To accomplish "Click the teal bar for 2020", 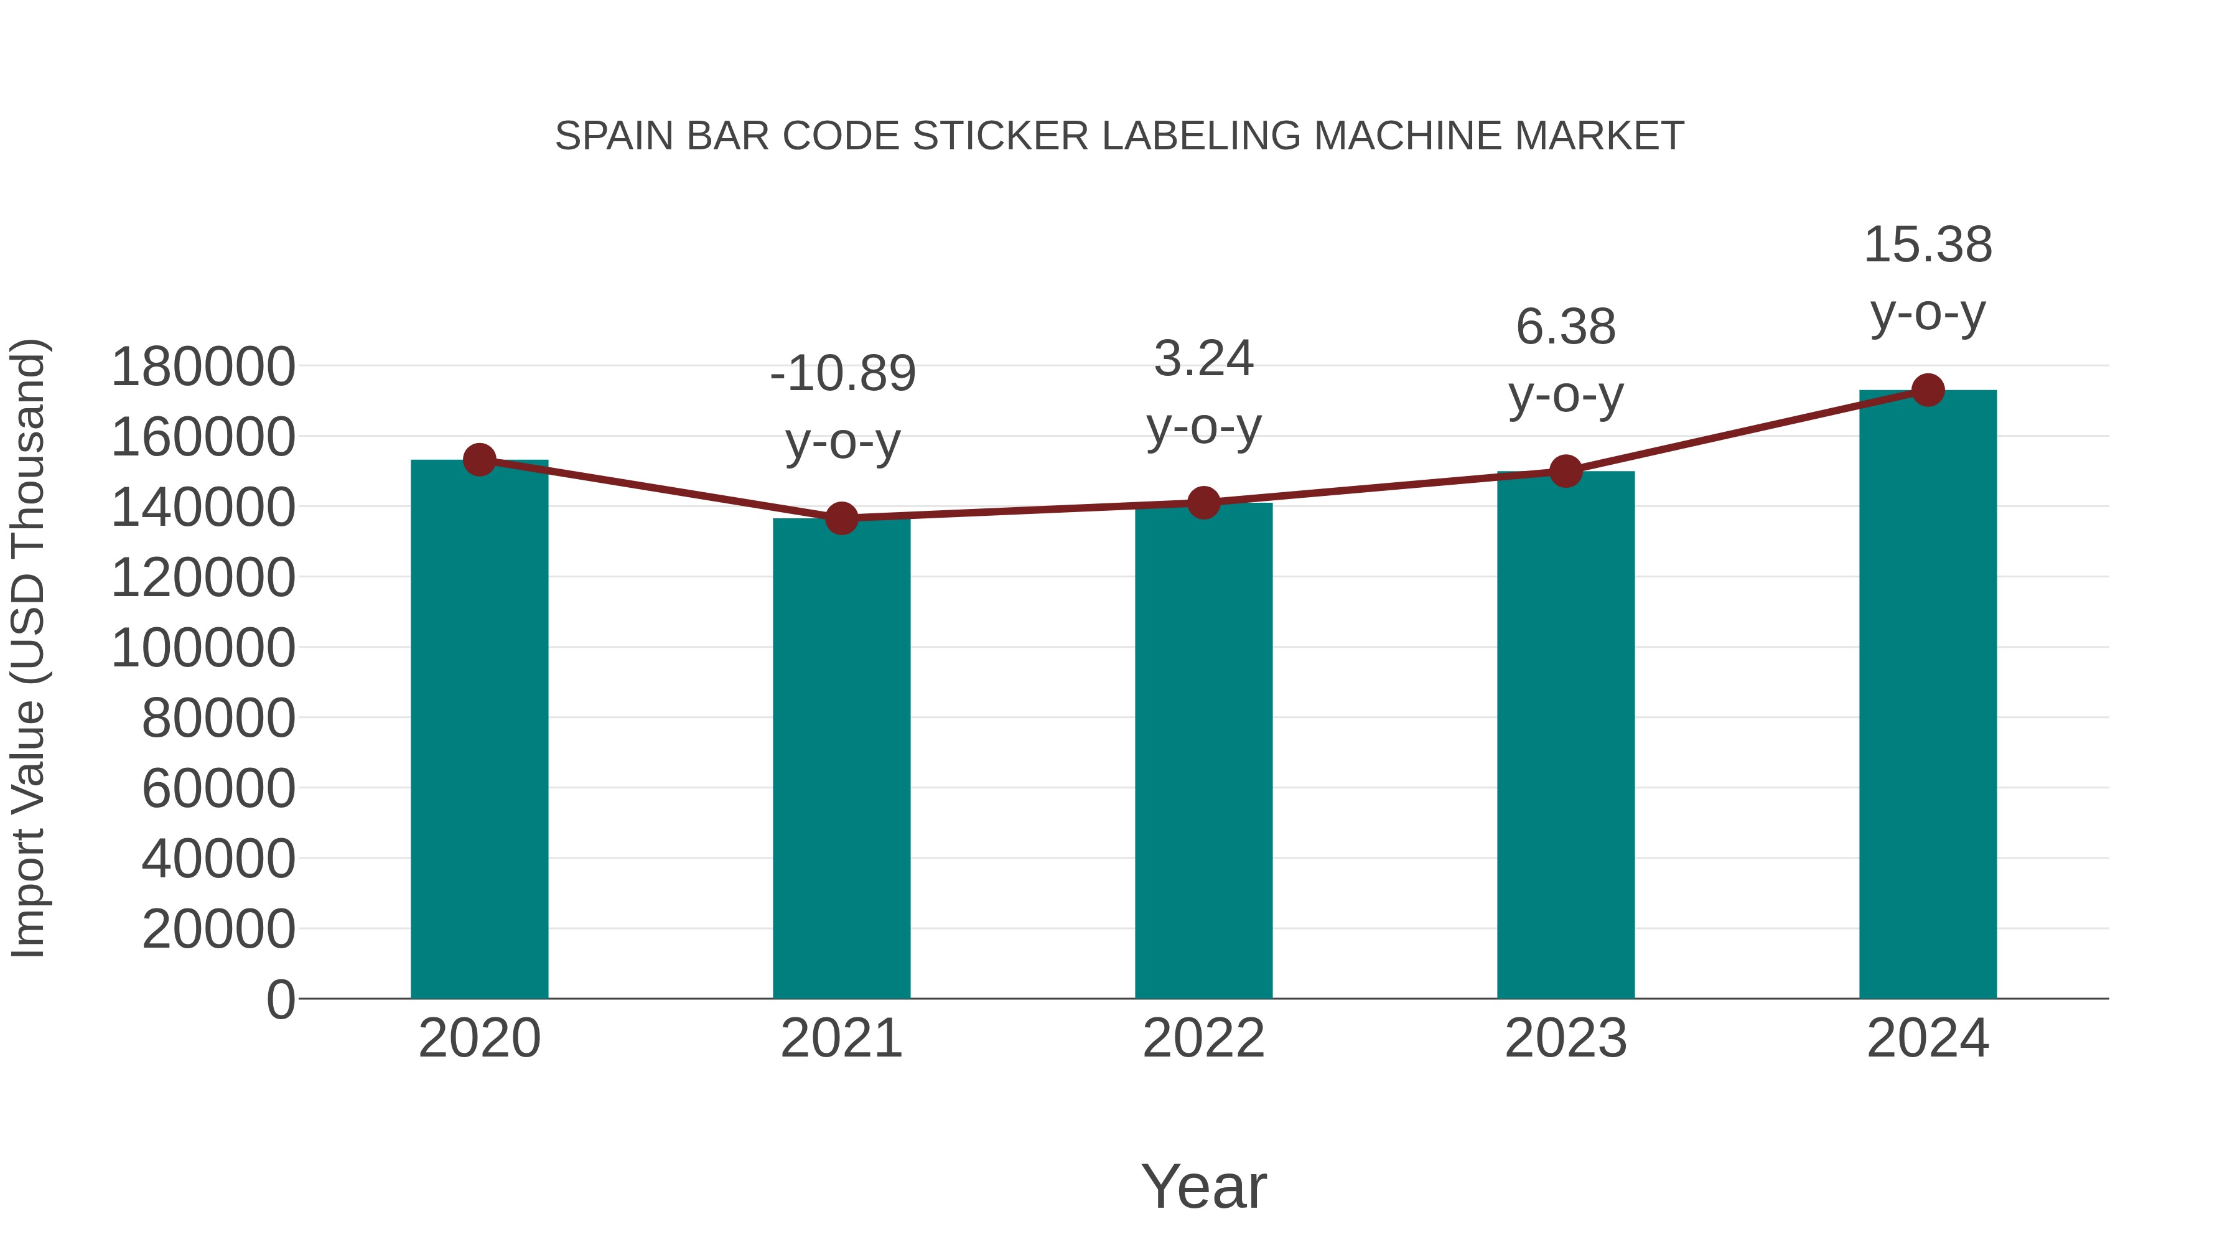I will (479, 730).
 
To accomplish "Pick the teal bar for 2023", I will (1566, 735).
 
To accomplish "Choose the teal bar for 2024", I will (1928, 695).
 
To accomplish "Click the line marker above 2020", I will (479, 459).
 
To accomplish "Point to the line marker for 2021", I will (841, 518).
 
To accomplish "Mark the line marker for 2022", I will (1203, 503).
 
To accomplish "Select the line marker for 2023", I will (1566, 471).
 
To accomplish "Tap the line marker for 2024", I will (1928, 390).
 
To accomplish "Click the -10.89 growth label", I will (842, 374).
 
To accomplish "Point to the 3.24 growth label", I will (1203, 358).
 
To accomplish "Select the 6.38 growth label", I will (1566, 328).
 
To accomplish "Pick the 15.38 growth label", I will (1928, 245).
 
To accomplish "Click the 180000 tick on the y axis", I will (203, 367).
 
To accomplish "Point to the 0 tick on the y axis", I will (280, 1000).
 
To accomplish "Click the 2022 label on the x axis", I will (1203, 1038).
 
